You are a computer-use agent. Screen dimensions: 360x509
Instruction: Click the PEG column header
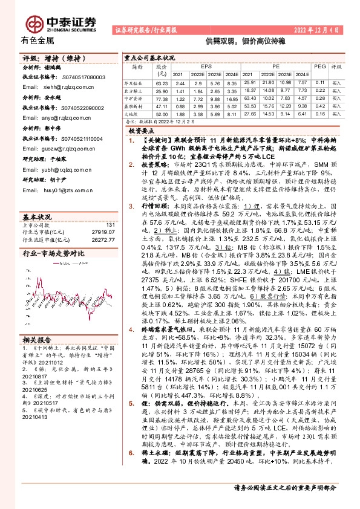click(x=320, y=67)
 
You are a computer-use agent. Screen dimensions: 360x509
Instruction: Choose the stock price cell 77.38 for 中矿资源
click(x=161, y=98)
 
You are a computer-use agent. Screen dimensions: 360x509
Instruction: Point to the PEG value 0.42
click(x=320, y=106)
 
